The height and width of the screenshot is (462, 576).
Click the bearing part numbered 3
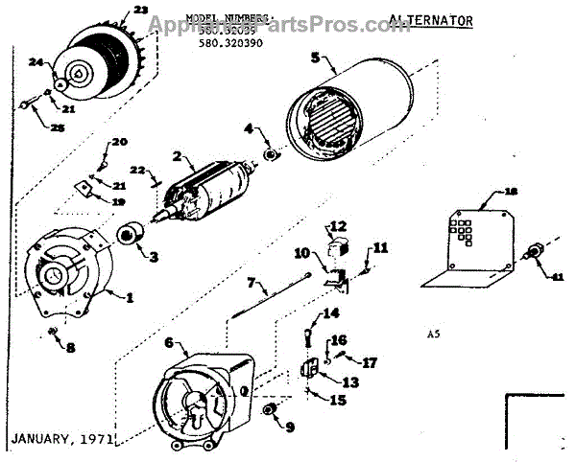[128, 233]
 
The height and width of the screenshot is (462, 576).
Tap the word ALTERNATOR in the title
[418, 19]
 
